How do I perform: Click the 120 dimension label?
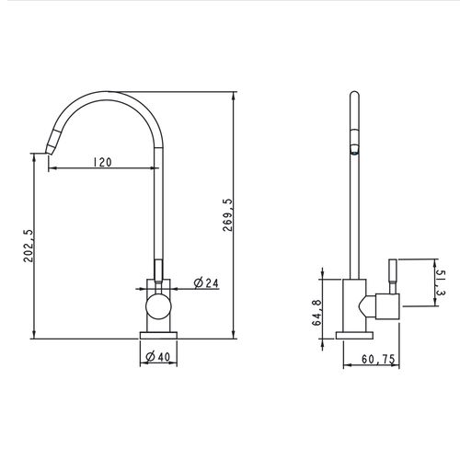point(101,163)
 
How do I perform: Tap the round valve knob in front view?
point(157,306)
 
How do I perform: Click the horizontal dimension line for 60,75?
point(373,365)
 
